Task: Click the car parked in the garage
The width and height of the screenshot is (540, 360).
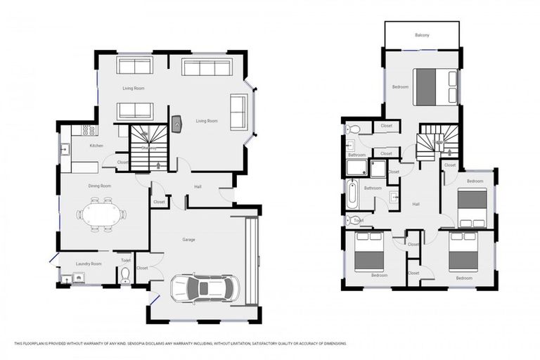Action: coord(204,288)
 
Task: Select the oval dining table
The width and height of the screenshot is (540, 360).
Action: coord(102,214)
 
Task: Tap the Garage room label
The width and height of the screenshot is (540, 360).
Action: coord(188,240)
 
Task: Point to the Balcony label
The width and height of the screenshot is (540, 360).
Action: coord(422,34)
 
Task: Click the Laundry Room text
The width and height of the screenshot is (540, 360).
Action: coord(89,264)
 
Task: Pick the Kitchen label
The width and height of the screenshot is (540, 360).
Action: coord(96,146)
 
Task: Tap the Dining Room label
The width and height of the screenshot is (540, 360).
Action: coord(100,186)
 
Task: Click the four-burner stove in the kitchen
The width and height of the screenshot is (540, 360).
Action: coord(89,130)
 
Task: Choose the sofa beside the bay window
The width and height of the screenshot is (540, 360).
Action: coord(238,113)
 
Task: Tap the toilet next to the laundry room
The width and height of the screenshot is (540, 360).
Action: coord(125,274)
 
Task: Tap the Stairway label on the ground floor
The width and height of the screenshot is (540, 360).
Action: coord(148,148)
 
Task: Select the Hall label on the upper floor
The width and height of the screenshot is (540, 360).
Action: coord(416,204)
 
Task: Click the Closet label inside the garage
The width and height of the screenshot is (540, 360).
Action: coord(142,268)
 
